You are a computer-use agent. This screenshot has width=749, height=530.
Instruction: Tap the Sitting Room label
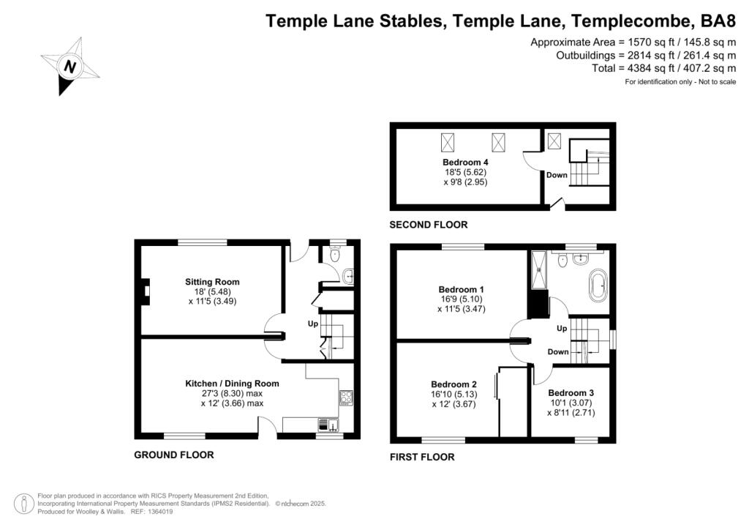coord(212,282)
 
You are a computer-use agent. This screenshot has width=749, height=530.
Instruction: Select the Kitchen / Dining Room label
coord(232,383)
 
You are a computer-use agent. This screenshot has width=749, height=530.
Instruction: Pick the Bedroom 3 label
coord(571,392)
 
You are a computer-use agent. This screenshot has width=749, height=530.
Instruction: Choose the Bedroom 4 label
coord(465,162)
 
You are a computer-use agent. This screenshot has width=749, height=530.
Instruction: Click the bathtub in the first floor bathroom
coord(598,285)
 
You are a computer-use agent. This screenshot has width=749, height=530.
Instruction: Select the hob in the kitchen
coord(345,397)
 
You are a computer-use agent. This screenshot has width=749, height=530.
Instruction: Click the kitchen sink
coord(328,425)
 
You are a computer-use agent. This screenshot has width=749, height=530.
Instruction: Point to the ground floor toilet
coord(335,255)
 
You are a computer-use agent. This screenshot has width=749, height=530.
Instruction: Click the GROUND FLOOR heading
coord(174,455)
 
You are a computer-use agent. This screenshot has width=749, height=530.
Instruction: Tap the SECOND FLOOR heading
coord(428,225)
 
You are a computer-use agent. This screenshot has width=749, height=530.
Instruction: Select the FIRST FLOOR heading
coord(422,457)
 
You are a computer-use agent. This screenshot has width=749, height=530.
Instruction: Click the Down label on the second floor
coord(557,175)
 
